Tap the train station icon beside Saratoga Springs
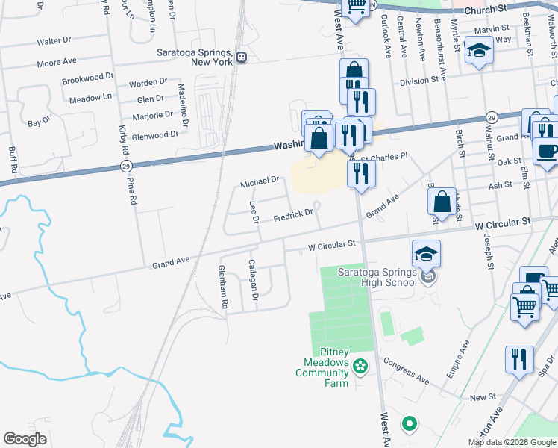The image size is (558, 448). click(241, 57)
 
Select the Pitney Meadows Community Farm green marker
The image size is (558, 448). click(360, 366)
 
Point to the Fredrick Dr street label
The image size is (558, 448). click(292, 215)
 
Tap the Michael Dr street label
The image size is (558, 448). click(259, 181)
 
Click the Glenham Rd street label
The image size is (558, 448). click(222, 287)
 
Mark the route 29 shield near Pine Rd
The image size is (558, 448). click(124, 167)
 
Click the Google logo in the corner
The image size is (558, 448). click(25, 439)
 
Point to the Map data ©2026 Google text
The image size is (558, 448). click(511, 442)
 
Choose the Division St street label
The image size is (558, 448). click(418, 81)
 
